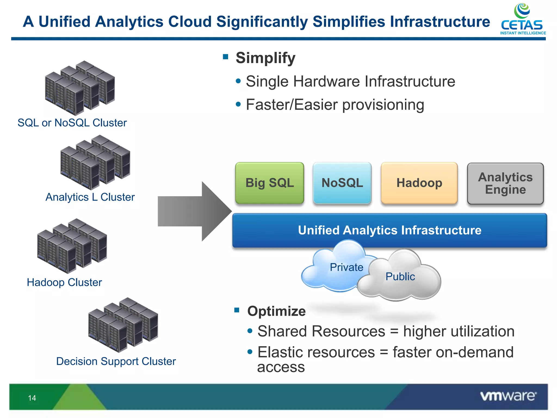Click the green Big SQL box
coord(270,183)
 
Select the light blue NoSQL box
coord(342,183)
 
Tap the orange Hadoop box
coord(419,183)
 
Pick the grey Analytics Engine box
coord(505,183)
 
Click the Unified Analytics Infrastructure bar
coord(389,230)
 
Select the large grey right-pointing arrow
coord(194,211)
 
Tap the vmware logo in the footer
coord(508,396)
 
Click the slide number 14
coord(32,398)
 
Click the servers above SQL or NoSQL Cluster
coord(80,88)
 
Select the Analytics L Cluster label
coord(90,197)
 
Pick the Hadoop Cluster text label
coord(64,282)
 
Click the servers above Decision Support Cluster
coord(123,324)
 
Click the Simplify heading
coord(265,58)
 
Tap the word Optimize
coord(276,311)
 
